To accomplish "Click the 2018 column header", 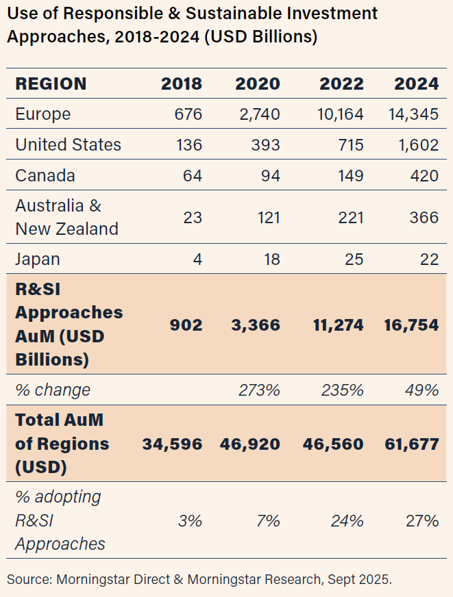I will (182, 84).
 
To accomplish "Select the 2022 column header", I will (341, 84).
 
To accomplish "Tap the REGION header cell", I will (51, 84).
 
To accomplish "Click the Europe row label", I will (42, 114).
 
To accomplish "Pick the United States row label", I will (68, 144).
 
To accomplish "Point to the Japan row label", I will (38, 259).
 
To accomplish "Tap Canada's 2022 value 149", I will (349, 175).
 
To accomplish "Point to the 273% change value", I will (259, 390).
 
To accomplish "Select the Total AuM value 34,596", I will (172, 444).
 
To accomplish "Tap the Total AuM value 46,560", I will (333, 444).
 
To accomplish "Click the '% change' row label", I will (53, 390).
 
